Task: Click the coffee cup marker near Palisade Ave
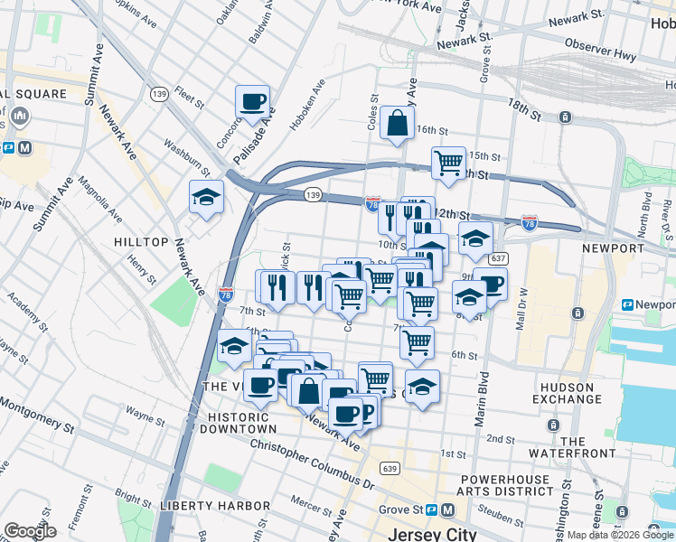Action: [x=252, y=101]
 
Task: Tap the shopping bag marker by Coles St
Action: [x=397, y=123]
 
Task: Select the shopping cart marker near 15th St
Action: [x=448, y=163]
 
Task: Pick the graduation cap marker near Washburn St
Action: [x=207, y=197]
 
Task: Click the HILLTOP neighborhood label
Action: [x=141, y=242]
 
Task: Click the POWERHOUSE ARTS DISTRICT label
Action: [x=506, y=484]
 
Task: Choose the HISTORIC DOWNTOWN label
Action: [x=241, y=422]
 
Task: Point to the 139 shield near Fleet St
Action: [x=160, y=94]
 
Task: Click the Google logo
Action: [x=30, y=531]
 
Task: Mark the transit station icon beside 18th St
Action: [x=565, y=117]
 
